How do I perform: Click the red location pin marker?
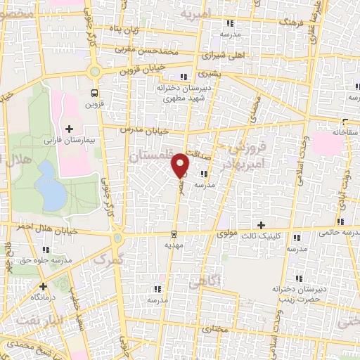[181, 165]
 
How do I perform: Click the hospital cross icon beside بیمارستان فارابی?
[69, 129]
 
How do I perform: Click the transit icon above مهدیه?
[174, 233]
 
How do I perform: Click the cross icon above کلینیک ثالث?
[262, 226]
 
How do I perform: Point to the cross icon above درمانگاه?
[44, 286]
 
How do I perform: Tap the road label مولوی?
[229, 233]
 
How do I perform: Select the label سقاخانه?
[345, 131]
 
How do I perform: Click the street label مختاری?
[216, 329]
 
